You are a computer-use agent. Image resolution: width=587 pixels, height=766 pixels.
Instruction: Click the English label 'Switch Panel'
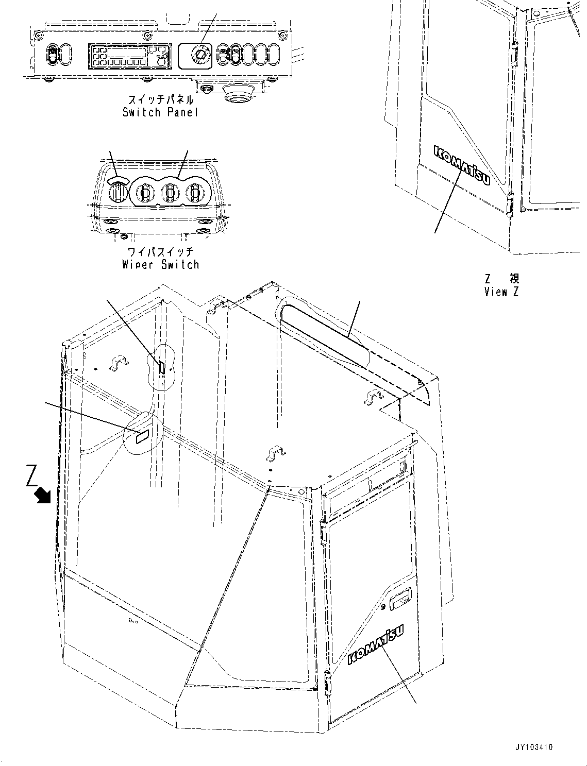pos(160,112)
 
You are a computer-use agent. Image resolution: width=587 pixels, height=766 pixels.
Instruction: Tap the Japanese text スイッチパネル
pos(160,99)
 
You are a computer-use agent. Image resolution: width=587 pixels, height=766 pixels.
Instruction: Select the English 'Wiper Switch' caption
pos(160,265)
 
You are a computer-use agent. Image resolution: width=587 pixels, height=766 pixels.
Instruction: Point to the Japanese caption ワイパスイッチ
pos(160,252)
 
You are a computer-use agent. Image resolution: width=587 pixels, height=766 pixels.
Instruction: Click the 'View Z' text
pos(501,292)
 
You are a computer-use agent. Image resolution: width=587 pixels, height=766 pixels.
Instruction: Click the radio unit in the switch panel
pos(129,56)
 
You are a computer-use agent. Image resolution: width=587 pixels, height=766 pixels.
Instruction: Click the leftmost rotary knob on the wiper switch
pos(118,192)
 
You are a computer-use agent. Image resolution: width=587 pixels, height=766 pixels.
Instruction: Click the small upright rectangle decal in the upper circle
pos(161,367)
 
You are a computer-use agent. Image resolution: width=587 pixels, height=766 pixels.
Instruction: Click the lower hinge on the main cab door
pos(328,681)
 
